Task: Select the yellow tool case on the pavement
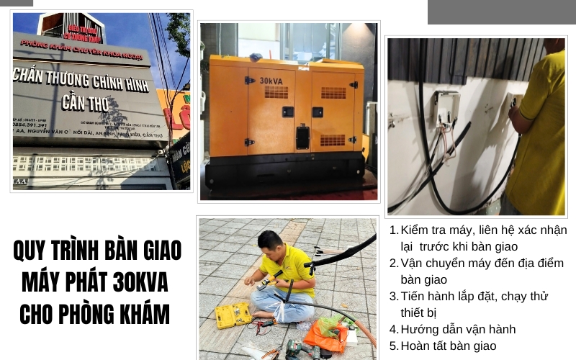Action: coord(233,314)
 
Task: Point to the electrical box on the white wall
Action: coord(446,107)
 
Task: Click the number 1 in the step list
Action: coord(393,230)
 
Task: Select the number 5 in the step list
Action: coord(393,346)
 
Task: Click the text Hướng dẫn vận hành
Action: coord(458,329)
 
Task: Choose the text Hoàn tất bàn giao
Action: coord(448,346)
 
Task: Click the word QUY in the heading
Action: coord(31,251)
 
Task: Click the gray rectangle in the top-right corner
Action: coord(501,12)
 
